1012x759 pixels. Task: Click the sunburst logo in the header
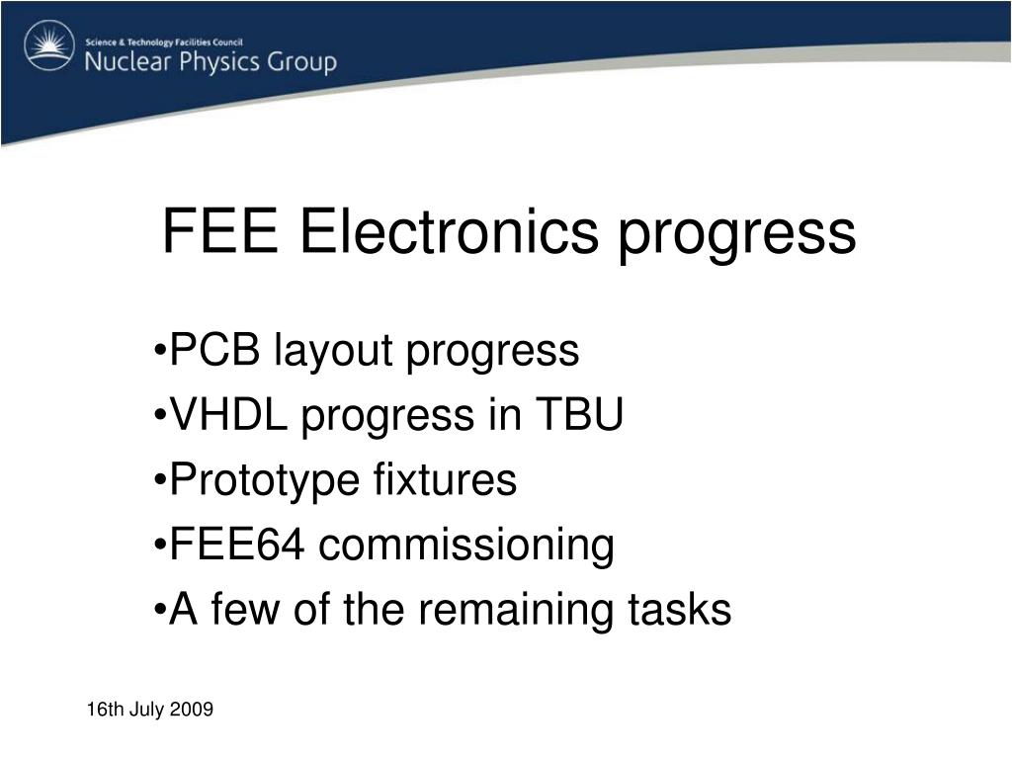click(49, 45)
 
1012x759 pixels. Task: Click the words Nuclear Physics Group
click(211, 62)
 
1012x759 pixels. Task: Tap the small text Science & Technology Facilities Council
click(164, 42)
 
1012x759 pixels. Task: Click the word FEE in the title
click(220, 231)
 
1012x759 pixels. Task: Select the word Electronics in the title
click(450, 231)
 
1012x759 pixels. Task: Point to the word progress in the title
click(737, 236)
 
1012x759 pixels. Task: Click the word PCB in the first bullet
click(214, 350)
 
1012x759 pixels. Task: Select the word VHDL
click(228, 414)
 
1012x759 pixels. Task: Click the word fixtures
click(445, 479)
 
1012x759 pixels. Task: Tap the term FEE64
click(237, 545)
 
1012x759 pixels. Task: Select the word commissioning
click(466, 548)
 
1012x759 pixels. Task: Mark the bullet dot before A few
click(160, 610)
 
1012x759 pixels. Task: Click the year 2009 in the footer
click(193, 710)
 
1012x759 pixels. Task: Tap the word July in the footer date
click(147, 711)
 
